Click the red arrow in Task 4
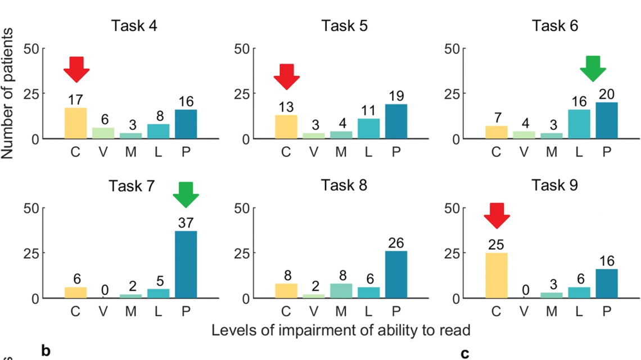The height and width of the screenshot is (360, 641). (x=76, y=69)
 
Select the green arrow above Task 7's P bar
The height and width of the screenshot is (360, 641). (x=186, y=195)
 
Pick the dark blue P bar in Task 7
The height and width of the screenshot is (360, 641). (x=186, y=264)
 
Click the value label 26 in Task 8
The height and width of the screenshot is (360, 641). (x=396, y=243)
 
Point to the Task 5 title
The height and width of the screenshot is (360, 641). (x=345, y=26)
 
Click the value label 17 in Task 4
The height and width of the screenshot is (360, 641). (x=76, y=100)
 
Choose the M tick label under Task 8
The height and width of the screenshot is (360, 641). (x=341, y=312)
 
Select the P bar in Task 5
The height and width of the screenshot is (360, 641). (x=396, y=121)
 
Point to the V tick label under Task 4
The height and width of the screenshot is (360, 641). (x=103, y=152)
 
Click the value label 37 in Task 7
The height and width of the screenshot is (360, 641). (x=186, y=223)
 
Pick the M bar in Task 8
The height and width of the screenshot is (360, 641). (x=341, y=291)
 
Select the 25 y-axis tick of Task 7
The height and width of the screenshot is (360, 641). (x=31, y=253)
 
